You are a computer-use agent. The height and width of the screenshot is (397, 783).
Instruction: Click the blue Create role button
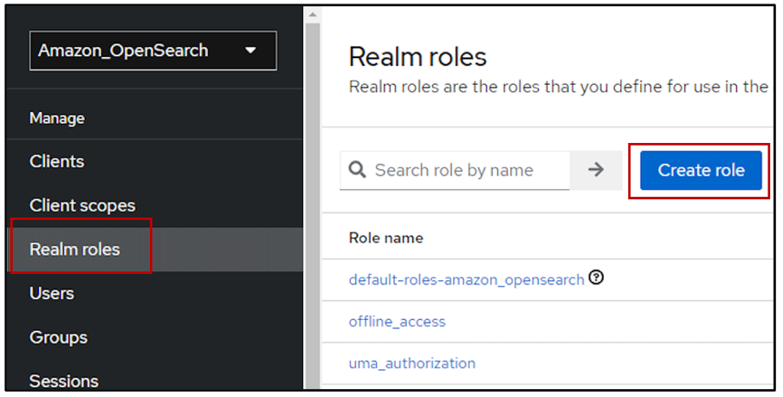point(701,170)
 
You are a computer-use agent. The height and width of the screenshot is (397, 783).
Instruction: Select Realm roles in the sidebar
point(74,250)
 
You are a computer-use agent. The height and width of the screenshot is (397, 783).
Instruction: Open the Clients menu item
point(56,162)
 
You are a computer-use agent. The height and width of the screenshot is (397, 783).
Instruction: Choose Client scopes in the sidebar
point(82,205)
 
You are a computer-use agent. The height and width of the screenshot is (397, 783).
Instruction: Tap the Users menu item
point(51,294)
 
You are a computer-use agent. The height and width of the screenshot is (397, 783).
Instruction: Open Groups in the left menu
point(58,337)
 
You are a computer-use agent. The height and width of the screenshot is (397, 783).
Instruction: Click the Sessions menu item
point(63,381)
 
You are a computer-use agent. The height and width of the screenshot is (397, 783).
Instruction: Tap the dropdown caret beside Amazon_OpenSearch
point(250,50)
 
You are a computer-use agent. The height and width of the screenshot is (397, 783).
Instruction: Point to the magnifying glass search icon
point(357,170)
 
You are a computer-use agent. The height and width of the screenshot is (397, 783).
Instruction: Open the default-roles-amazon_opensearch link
point(466,280)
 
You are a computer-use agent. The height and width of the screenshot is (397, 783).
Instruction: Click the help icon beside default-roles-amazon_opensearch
point(596,278)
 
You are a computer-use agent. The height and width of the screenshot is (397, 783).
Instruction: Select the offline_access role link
point(397,322)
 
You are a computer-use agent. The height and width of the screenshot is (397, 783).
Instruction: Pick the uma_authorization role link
point(411,363)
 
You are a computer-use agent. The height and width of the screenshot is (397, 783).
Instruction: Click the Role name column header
point(385,238)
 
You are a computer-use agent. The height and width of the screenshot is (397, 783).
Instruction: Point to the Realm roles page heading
point(417,57)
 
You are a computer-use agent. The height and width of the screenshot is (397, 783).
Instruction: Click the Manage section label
point(57,118)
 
